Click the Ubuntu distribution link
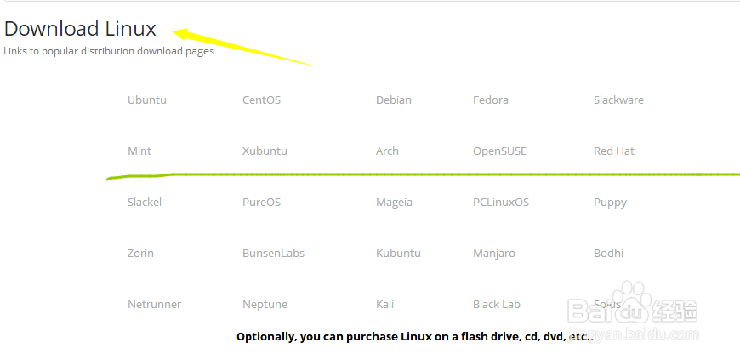(147, 100)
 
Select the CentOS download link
(261, 100)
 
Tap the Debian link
(393, 100)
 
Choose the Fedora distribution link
(491, 100)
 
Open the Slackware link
(618, 100)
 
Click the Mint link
(139, 151)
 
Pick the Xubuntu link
(265, 151)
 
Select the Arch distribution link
(387, 151)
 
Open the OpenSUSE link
(499, 151)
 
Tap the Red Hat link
(614, 151)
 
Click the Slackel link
(145, 203)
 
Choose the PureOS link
(261, 203)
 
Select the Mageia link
(394, 203)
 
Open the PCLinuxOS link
(501, 203)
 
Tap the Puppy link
(610, 203)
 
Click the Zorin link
(140, 254)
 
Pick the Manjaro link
(494, 254)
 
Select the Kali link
(384, 305)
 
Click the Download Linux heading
(80, 29)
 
